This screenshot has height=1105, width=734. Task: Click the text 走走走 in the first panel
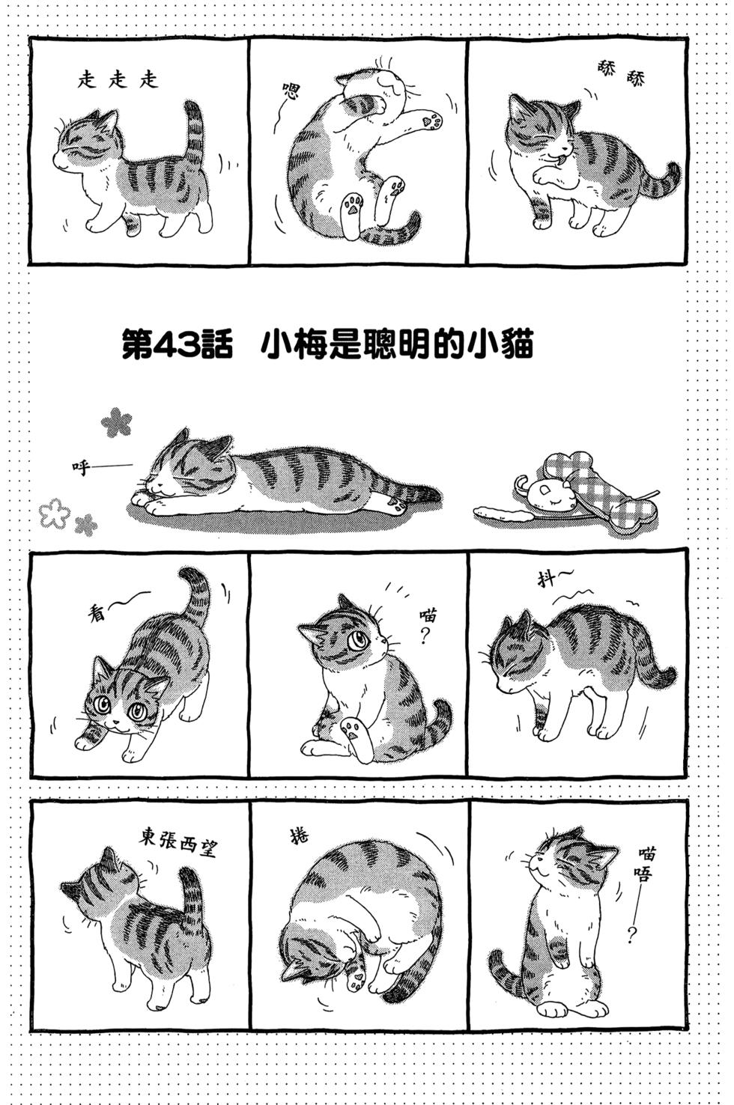tap(118, 80)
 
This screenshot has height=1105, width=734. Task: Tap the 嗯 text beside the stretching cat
tap(290, 94)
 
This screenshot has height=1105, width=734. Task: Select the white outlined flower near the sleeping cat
tap(54, 513)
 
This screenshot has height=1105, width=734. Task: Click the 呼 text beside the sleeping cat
tap(79, 468)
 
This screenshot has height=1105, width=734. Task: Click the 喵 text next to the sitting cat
tap(428, 615)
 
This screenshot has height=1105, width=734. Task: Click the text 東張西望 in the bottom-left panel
tap(176, 842)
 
